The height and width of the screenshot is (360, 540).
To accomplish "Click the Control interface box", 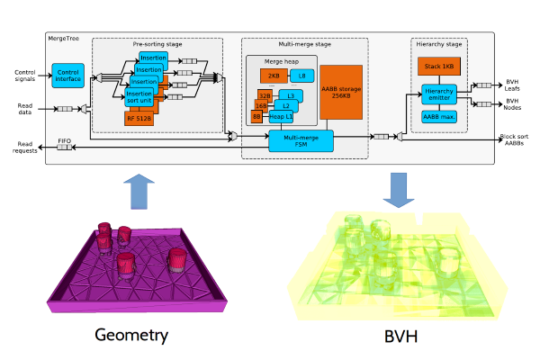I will [67, 76].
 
